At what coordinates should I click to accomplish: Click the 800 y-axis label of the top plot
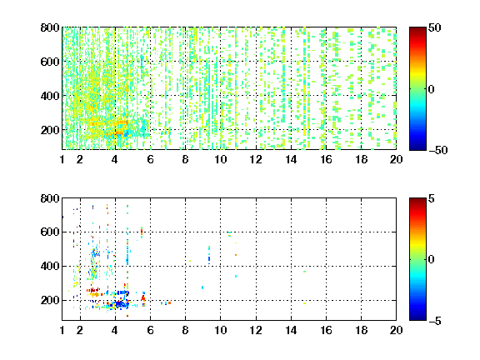[x=50, y=27]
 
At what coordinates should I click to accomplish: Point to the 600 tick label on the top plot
[x=50, y=62]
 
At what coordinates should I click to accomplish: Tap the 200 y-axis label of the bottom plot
[x=50, y=300]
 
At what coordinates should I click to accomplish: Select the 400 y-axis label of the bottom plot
[x=50, y=266]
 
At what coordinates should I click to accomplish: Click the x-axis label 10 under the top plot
[x=220, y=159]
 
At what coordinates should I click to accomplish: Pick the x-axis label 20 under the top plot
[x=396, y=159]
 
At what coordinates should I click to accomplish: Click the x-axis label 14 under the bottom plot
[x=291, y=330]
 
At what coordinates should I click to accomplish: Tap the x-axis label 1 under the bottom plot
[x=62, y=330]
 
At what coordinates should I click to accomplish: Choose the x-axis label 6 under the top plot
[x=150, y=159]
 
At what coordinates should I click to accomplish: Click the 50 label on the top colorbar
[x=435, y=27]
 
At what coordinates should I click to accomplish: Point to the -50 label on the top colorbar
[x=438, y=150]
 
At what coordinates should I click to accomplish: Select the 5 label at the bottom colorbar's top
[x=432, y=198]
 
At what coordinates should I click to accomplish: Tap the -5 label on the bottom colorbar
[x=435, y=321]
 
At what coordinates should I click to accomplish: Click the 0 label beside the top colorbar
[x=432, y=89]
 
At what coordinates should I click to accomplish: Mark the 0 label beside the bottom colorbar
[x=432, y=260]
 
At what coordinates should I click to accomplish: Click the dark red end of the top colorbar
[x=417, y=29]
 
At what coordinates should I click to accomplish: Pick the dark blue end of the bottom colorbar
[x=417, y=318]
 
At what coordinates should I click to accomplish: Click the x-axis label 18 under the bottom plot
[x=361, y=330]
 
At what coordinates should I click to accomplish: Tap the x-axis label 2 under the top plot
[x=80, y=159]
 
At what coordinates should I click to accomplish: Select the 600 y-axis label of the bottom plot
[x=50, y=232]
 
